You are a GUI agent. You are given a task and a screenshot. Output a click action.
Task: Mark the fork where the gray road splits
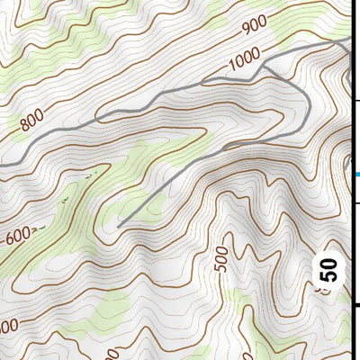click(266, 67)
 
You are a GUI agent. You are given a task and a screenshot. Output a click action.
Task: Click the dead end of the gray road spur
click(119, 224)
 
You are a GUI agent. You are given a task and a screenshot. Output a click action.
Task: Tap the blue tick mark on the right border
click(356, 175)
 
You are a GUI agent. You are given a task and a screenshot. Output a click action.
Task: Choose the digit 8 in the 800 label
click(22, 124)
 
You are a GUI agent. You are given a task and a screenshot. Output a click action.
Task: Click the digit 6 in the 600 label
click(11, 240)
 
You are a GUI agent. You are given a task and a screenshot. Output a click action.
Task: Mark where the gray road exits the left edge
click(2, 166)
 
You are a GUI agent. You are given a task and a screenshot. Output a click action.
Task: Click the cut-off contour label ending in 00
click(7, 325)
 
